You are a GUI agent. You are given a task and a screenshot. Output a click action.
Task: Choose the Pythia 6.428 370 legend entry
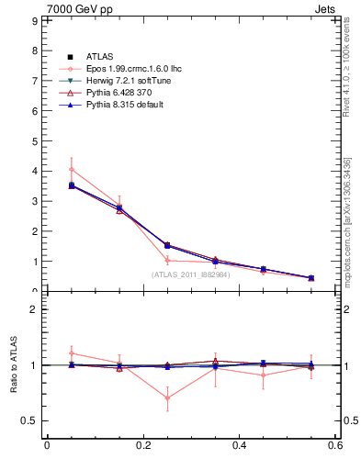click(117, 94)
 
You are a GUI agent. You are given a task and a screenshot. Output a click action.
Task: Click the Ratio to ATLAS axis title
click(14, 366)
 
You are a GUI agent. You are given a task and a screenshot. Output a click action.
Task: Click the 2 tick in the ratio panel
click(32, 309)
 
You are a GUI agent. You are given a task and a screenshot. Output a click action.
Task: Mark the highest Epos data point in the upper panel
click(71, 169)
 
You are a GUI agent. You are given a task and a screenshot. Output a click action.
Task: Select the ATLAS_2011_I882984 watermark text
click(190, 274)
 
